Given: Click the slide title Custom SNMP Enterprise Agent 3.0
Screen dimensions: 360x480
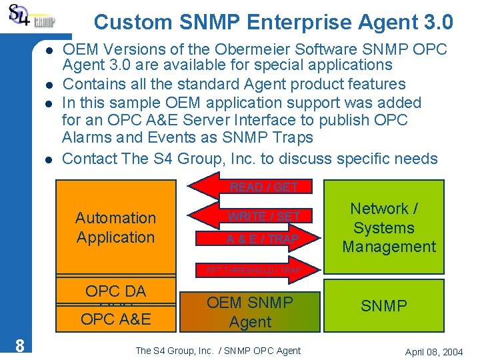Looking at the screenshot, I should [273, 22].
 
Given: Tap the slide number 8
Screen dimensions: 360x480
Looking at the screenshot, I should [21, 345].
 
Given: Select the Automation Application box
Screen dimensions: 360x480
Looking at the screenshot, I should [115, 227].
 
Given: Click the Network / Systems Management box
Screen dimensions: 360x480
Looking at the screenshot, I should [389, 227].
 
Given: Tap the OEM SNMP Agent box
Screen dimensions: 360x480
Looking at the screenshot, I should [249, 312].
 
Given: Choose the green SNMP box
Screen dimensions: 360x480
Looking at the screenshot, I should [384, 306].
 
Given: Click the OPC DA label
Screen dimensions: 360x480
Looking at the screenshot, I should [115, 291].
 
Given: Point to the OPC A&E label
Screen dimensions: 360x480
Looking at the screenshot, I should [115, 319].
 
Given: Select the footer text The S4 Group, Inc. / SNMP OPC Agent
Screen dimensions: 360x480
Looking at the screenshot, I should [218, 351].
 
